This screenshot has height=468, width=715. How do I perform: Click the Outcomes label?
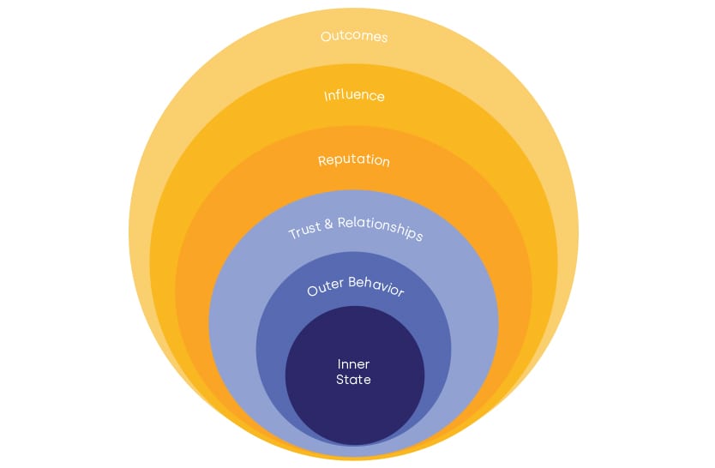click(x=354, y=37)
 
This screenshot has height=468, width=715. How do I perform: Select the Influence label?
click(x=354, y=95)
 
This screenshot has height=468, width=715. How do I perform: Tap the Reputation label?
click(x=354, y=160)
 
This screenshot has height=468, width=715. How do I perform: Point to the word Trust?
click(x=305, y=231)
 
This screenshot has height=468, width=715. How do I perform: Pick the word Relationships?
click(x=379, y=229)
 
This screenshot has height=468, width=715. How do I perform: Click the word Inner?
click(x=354, y=364)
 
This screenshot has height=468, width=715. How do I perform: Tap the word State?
click(x=354, y=379)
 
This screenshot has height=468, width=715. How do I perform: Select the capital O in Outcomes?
click(x=326, y=37)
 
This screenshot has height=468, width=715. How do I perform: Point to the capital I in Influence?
click(x=326, y=95)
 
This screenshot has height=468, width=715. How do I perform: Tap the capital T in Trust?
click(x=291, y=235)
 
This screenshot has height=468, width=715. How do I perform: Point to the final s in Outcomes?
click(x=384, y=38)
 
